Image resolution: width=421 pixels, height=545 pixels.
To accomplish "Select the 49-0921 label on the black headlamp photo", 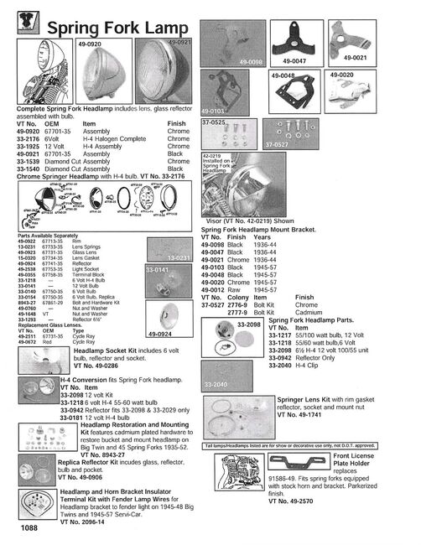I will click(180, 41).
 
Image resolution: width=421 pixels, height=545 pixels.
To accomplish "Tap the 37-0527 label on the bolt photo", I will click(278, 144).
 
